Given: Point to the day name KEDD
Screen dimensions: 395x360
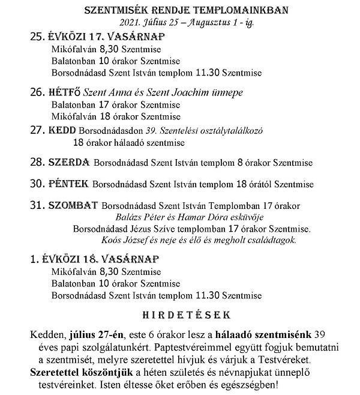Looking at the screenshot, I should [62, 129].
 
